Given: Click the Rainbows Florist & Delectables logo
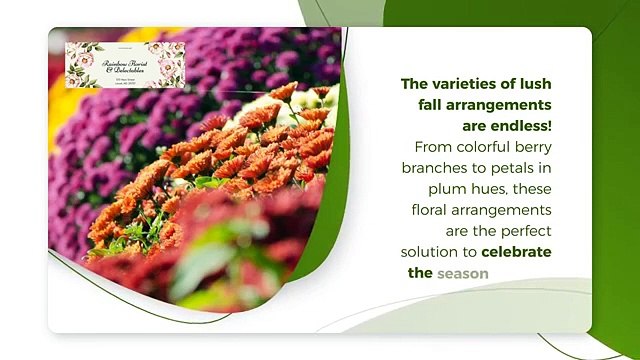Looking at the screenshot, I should tap(125, 64).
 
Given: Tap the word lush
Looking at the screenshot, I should tap(532, 85).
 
